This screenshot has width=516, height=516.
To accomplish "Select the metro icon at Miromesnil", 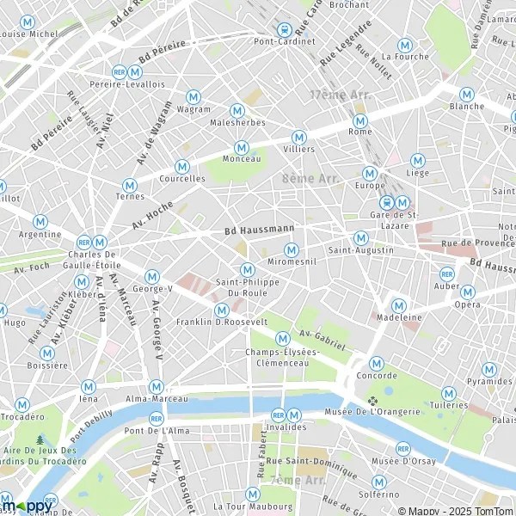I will (x=292, y=250).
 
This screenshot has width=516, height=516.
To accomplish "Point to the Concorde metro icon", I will (x=376, y=363).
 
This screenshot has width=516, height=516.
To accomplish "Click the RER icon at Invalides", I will (x=278, y=414).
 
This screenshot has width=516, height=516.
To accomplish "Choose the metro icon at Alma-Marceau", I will (x=156, y=386).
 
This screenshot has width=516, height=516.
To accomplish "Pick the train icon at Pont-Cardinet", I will (x=283, y=28).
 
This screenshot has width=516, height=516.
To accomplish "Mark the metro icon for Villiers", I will (x=299, y=136).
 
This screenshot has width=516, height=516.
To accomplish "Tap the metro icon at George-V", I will (x=152, y=276).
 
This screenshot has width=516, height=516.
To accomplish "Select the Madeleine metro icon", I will (x=399, y=304).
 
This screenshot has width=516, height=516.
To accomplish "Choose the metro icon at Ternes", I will (x=130, y=184).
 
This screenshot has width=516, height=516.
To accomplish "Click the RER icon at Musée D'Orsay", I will (x=403, y=448).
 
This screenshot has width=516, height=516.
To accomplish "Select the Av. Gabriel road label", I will (x=322, y=338).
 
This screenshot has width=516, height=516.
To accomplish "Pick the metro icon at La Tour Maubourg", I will (x=252, y=494).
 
